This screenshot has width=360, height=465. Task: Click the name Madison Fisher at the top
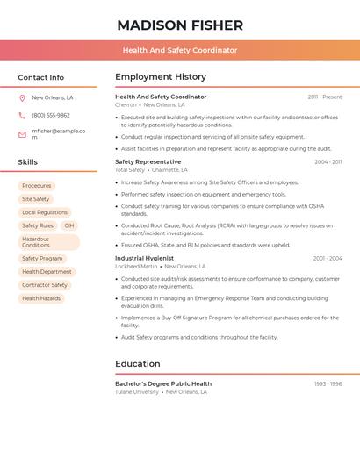[x=180, y=25]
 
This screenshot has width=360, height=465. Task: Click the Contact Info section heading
[x=41, y=77]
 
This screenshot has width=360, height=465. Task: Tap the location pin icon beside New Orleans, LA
[x=22, y=98]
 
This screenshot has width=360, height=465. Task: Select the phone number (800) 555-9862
[x=51, y=115]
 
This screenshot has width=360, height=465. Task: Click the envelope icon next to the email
[x=22, y=134]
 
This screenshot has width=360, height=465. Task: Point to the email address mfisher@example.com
[x=58, y=134]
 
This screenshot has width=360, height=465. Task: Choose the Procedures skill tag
[x=37, y=186]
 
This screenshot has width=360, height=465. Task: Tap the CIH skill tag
[x=69, y=225]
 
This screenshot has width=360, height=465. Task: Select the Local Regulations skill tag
[x=45, y=212]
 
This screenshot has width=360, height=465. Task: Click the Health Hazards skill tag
[x=41, y=298]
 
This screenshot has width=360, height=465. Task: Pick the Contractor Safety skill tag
[x=45, y=285]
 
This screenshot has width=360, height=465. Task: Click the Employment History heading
[x=161, y=77]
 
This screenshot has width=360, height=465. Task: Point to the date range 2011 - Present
[x=325, y=97]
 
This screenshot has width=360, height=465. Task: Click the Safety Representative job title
[x=148, y=161]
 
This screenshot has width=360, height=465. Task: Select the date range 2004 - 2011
[x=328, y=162]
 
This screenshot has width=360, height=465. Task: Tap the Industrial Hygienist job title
[x=144, y=258]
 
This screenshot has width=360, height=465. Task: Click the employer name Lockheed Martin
[x=136, y=266]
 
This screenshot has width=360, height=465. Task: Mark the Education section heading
[x=138, y=364]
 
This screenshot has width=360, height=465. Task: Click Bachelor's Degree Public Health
[x=163, y=383]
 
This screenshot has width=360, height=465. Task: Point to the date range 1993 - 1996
[x=328, y=384]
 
